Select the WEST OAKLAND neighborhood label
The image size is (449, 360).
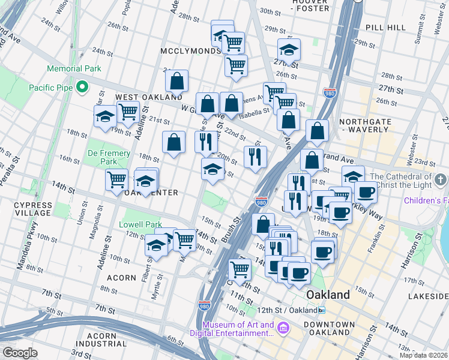(149, 97)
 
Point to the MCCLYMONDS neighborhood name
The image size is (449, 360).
(191, 51)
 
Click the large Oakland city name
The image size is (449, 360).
(328, 295)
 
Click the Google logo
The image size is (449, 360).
(20, 353)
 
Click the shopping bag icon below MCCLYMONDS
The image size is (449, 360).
(176, 80)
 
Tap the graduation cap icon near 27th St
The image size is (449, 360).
(289, 50)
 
